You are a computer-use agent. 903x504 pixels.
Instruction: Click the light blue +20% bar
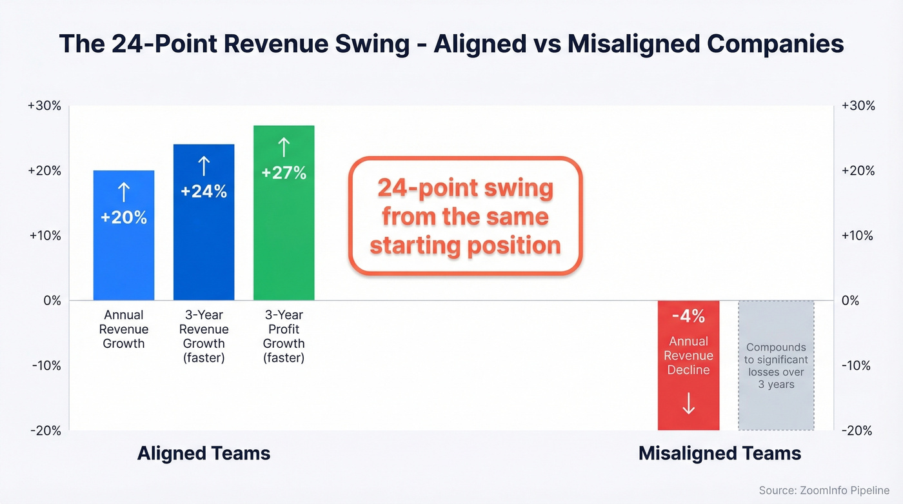click(x=124, y=236)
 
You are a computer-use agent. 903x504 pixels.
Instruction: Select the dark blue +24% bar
click(x=204, y=223)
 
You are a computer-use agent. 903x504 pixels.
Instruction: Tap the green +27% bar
click(x=284, y=213)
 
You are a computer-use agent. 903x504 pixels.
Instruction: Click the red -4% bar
click(x=688, y=365)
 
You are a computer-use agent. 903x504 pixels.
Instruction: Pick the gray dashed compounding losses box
click(x=776, y=365)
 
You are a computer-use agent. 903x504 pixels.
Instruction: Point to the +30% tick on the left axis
click(x=45, y=106)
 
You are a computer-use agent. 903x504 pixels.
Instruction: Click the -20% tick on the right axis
click(x=858, y=430)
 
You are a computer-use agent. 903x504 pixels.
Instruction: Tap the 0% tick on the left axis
click(x=52, y=301)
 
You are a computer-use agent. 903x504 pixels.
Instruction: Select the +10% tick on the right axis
click(x=858, y=236)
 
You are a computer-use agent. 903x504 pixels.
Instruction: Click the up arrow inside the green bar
click(x=284, y=148)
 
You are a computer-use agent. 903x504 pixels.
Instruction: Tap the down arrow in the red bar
click(x=688, y=403)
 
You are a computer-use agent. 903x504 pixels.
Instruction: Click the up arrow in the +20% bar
click(x=124, y=192)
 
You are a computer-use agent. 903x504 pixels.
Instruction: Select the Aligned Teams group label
click(x=204, y=453)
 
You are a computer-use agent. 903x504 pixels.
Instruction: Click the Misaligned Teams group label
click(x=720, y=453)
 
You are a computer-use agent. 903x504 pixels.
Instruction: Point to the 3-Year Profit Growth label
click(x=284, y=336)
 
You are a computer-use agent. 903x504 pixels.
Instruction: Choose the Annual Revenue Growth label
click(x=124, y=329)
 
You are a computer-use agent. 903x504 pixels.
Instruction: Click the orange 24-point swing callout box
click(x=465, y=216)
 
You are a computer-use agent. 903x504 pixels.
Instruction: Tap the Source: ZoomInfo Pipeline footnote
click(x=824, y=490)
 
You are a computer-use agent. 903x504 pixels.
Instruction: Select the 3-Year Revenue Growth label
click(x=204, y=336)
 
